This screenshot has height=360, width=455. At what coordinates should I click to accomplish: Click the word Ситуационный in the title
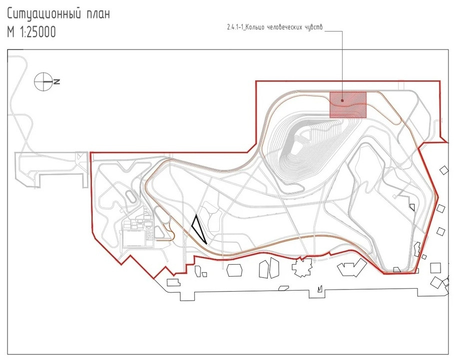coord(42,14)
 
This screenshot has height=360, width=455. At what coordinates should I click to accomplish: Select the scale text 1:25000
coord(38,32)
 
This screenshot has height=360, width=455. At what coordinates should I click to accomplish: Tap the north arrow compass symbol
coord(43,82)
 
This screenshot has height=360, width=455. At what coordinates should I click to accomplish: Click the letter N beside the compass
coord(57,82)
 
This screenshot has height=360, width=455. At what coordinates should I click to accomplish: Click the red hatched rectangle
coord(348,105)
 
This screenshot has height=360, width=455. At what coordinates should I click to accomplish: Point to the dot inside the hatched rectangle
coord(343,100)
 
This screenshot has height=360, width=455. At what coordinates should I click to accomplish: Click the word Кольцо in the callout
coord(254,28)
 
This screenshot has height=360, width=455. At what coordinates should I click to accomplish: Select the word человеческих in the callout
coord(284,28)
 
